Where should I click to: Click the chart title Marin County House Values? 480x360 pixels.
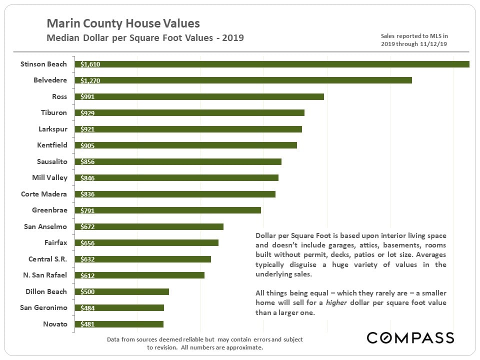123,23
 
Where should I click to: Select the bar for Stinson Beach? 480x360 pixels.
272,64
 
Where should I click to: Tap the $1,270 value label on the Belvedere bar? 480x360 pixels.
89,80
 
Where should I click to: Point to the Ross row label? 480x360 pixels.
59,96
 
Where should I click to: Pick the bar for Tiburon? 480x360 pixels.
190,113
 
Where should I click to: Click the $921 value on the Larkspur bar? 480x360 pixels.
87,129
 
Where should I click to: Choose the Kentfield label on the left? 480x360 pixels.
52,145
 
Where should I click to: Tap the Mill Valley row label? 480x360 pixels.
49,177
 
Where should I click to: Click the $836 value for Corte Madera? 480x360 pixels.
87,194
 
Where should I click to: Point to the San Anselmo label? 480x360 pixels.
45,226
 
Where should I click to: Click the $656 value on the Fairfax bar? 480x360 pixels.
87,243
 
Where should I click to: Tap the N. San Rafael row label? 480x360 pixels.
45,275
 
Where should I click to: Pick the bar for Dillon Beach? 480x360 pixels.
122,291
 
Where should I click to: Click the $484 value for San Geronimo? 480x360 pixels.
87,308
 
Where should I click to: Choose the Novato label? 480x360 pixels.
55,324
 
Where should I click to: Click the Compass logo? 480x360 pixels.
410,337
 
